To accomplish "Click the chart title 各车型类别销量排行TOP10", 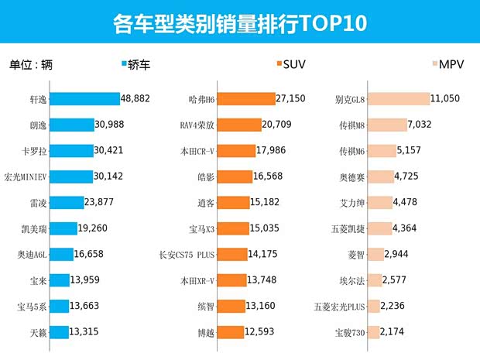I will click(x=239, y=23).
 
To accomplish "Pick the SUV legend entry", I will click(x=293, y=65).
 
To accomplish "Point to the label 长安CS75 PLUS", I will click(x=187, y=255).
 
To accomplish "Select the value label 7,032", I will click(x=424, y=125).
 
